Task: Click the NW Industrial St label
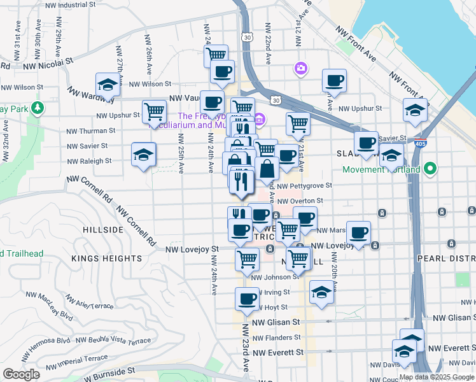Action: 71,4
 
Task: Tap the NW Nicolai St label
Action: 48,64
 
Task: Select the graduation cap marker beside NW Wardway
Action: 108,85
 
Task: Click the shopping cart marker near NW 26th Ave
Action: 154,112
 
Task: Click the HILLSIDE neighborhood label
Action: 102,229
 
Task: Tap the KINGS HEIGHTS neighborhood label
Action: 107,258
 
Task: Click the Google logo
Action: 21,374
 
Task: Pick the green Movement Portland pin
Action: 431,169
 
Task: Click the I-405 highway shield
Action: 417,143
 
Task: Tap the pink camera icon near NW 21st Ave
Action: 300,67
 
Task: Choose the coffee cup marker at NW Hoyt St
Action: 247,299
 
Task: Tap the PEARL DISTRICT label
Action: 445,258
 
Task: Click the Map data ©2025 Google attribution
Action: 437,377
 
